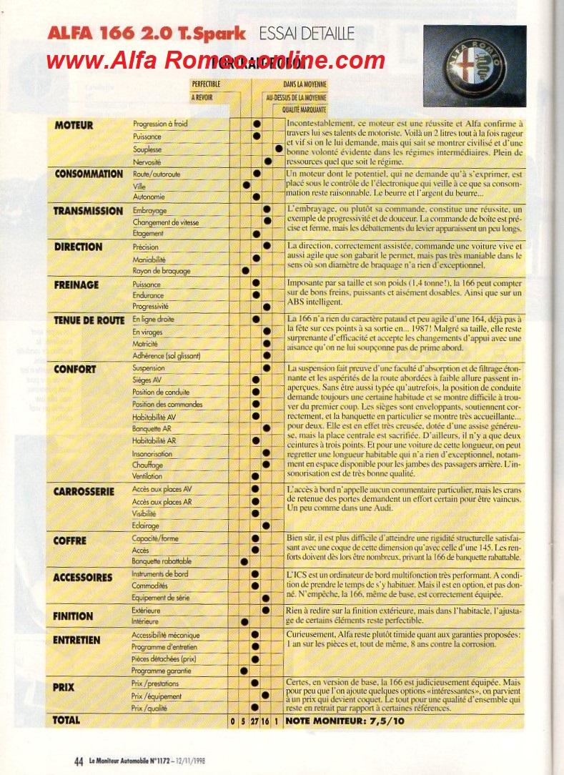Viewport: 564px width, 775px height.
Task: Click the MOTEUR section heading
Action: (x=74, y=125)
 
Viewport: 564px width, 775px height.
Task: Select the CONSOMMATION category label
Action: (x=89, y=174)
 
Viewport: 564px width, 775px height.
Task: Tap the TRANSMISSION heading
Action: (x=89, y=211)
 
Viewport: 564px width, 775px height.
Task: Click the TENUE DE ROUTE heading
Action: (x=89, y=320)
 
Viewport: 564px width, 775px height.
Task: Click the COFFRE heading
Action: (x=70, y=540)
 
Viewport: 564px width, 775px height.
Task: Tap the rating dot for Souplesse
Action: (x=278, y=149)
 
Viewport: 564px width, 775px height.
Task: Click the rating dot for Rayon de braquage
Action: (x=245, y=271)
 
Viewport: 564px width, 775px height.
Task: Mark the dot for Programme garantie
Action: (x=244, y=671)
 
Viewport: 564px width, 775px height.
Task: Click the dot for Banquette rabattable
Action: (x=244, y=562)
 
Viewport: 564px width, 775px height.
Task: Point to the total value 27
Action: (x=254, y=721)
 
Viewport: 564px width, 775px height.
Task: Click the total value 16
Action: (x=267, y=721)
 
